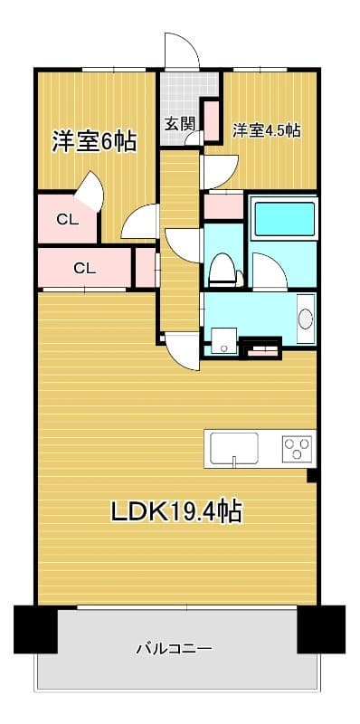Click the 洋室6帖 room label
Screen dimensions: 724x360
(94, 141)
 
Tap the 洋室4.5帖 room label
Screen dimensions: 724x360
(267, 130)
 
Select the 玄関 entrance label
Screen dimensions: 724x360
(179, 124)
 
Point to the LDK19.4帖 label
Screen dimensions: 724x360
(175, 511)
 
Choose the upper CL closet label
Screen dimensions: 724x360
(67, 218)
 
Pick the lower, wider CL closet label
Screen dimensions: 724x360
(84, 268)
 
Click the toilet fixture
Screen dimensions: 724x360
(222, 267)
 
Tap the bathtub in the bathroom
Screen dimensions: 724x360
(284, 219)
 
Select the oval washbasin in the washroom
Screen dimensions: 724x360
(306, 319)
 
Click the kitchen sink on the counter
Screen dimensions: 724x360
(234, 447)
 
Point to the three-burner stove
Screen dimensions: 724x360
(297, 447)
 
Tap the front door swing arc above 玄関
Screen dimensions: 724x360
(179, 51)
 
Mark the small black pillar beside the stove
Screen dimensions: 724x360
(312, 475)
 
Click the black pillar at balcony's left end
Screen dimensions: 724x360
(35, 628)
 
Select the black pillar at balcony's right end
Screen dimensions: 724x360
(320, 628)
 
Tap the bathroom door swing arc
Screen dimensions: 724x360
(268, 271)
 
